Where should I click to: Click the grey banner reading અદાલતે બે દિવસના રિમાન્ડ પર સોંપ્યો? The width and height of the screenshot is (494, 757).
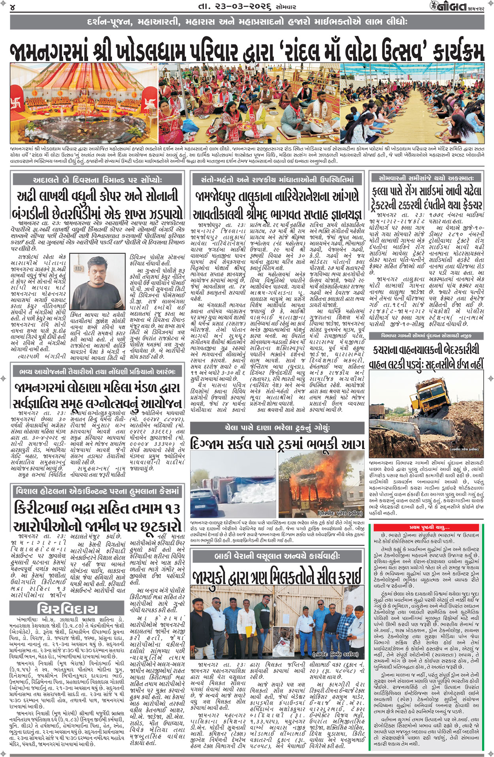pos(98,179)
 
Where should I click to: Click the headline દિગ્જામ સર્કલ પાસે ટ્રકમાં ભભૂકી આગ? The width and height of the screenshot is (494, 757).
pos(277,444)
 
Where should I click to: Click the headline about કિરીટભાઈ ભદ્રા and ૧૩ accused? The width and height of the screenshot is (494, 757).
pos(97,517)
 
